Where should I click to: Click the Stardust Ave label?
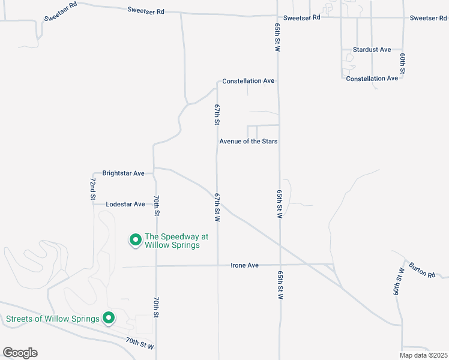coord(372,49)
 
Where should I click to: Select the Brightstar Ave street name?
coord(123,173)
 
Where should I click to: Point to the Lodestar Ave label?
coord(125,204)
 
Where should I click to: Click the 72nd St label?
coord(92,188)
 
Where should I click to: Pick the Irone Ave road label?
coord(244,265)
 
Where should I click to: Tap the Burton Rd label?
coord(421,270)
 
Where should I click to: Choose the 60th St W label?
coord(397,283)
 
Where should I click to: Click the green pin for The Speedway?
coord(136,240)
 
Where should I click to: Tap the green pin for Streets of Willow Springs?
coord(109,318)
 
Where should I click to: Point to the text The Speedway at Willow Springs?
coord(172,241)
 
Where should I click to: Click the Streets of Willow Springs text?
coord(52,319)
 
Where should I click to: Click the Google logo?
coord(20,353)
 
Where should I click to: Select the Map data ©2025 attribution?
coord(423,355)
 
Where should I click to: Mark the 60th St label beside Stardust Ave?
coord(403,64)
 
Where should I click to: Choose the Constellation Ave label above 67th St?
coord(248,81)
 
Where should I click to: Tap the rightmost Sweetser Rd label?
coord(428,18)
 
